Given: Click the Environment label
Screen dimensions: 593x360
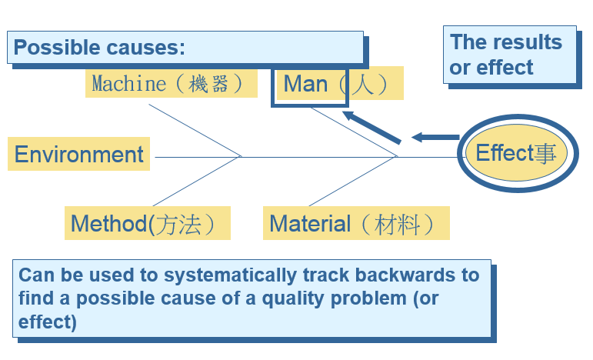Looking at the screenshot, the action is [78, 155].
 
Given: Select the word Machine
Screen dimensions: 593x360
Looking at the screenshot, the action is [129, 84].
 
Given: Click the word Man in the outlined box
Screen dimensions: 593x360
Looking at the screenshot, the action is [305, 84].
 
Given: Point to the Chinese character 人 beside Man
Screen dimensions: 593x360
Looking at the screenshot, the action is [363, 84].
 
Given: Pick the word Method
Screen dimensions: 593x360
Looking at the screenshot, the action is [109, 224].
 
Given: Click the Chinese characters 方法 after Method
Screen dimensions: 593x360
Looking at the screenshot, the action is [178, 225].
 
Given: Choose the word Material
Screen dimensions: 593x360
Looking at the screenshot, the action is [310, 224].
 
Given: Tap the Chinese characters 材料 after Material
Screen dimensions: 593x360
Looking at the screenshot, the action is [397, 225].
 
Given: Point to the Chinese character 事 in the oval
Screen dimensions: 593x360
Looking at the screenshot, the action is [545, 153].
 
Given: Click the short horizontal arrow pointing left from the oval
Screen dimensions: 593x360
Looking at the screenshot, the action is [435, 137].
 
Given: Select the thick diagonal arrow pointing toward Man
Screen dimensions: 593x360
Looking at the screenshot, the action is [371, 128].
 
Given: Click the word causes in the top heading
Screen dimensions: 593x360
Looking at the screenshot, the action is [145, 48].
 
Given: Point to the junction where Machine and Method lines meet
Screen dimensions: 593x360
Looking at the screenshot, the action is [241, 156].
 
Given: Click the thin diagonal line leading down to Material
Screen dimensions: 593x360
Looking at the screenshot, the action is [352, 181].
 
